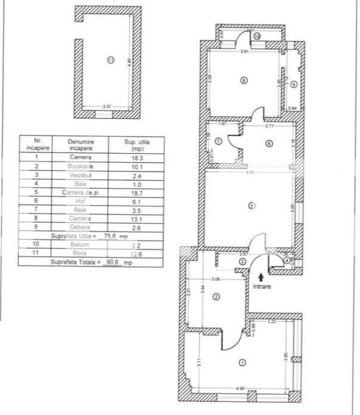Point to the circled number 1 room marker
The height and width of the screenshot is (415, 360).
pyautogui.click(x=241, y=361)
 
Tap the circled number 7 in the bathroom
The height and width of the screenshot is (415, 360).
pyautogui.click(x=218, y=141)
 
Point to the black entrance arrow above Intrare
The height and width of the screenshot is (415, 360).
pyautogui.click(x=260, y=276)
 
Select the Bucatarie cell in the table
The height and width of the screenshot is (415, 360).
pyautogui.click(x=80, y=166)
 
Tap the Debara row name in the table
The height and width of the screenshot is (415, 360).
pyautogui.click(x=80, y=227)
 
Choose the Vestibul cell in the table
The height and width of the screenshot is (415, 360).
pyautogui.click(x=80, y=175)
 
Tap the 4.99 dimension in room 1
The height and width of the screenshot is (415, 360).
pyautogui.click(x=240, y=389)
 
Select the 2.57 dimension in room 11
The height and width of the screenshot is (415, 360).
pyautogui.click(x=107, y=107)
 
